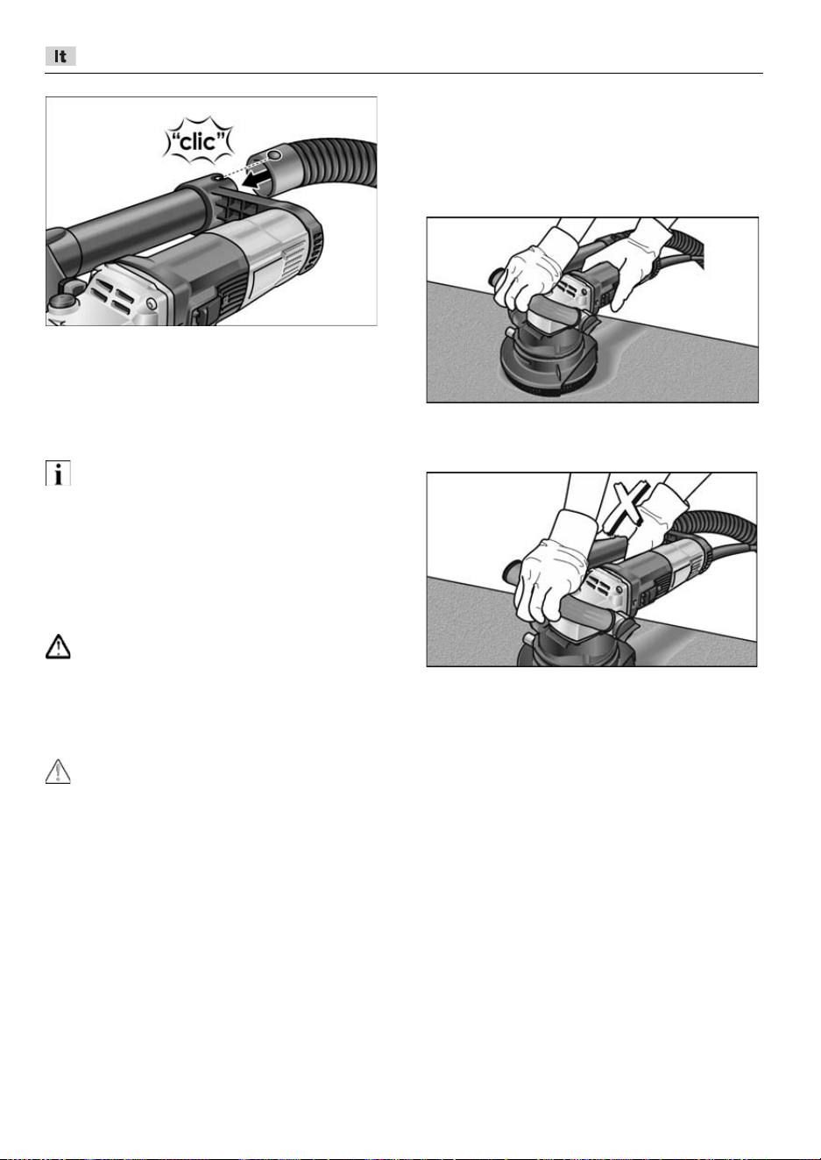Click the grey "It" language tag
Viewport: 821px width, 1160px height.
(60, 56)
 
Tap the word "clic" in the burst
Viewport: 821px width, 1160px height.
(199, 141)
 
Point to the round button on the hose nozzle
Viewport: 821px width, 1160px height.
(275, 155)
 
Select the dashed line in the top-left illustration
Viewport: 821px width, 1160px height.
(246, 167)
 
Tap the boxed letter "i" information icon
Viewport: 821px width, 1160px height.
(58, 473)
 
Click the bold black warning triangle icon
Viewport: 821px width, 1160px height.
(58, 646)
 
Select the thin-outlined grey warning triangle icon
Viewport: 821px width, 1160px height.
(58, 772)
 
